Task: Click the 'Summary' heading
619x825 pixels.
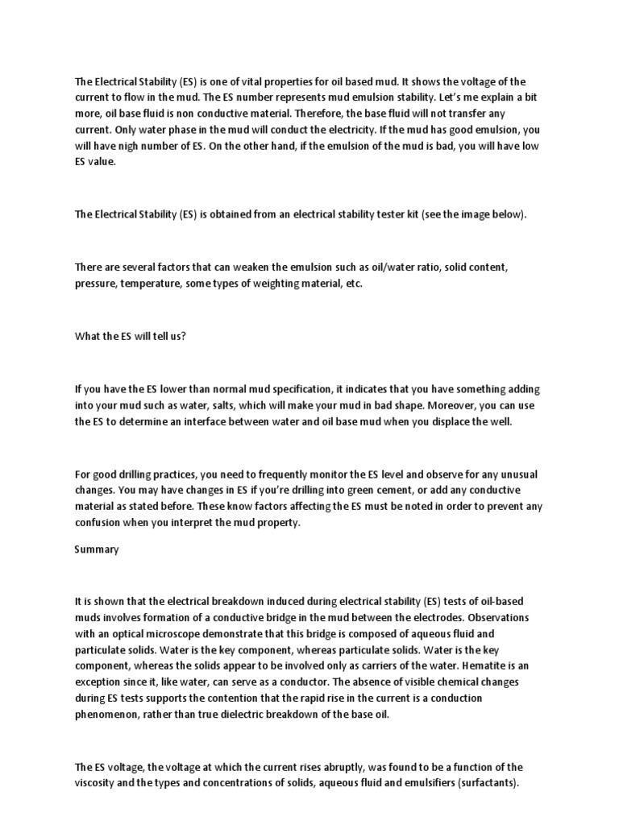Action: [x=97, y=549]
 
